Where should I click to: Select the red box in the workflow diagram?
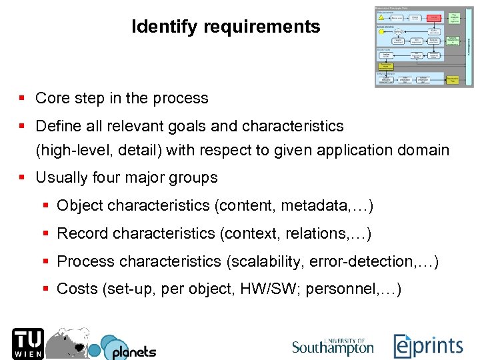[434, 17]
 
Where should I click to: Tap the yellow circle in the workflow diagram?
[382, 31]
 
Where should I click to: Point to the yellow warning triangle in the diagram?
[381, 18]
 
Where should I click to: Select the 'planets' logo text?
[134, 351]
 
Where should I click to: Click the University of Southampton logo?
[333, 346]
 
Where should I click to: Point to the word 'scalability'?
[265, 262]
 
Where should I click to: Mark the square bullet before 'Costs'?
[46, 289]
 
